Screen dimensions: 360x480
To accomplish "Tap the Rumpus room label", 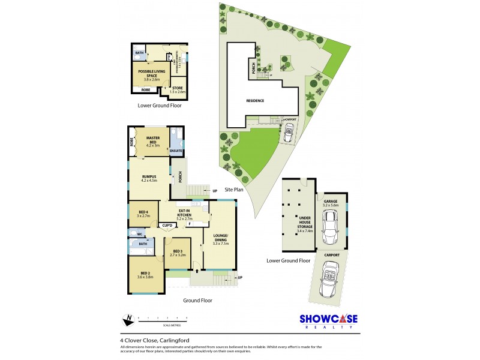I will click(148, 177).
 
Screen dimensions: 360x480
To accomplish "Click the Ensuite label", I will click(176, 151).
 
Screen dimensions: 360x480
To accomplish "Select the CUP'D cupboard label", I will click(167, 226).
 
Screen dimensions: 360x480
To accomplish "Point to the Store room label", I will click(178, 89).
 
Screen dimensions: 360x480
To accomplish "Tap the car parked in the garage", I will click(331, 229).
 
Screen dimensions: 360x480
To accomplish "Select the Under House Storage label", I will click(298, 225).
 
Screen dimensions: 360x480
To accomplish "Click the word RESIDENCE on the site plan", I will click(254, 101).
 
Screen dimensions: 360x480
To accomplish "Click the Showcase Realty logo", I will click(329, 321).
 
